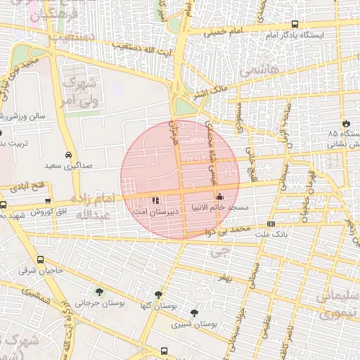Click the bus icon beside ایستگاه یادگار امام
click(294, 24)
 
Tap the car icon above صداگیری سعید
click(67, 155)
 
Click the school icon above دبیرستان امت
click(155, 199)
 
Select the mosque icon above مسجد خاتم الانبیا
click(219, 196)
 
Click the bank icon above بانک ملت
click(271, 224)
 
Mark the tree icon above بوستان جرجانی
click(98, 292)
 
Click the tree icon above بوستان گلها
click(157, 295)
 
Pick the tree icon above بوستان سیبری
click(194, 313)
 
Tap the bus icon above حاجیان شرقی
click(39, 259)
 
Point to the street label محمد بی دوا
click(234, 231)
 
